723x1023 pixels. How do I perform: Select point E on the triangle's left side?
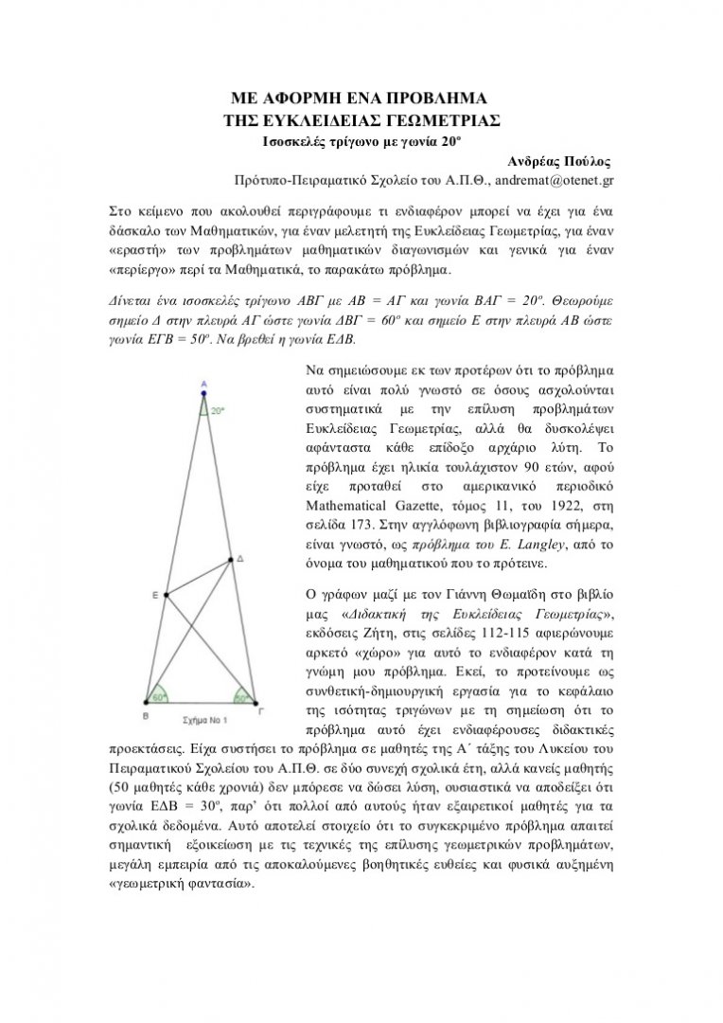(167, 595)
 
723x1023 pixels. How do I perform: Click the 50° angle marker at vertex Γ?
(243, 697)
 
